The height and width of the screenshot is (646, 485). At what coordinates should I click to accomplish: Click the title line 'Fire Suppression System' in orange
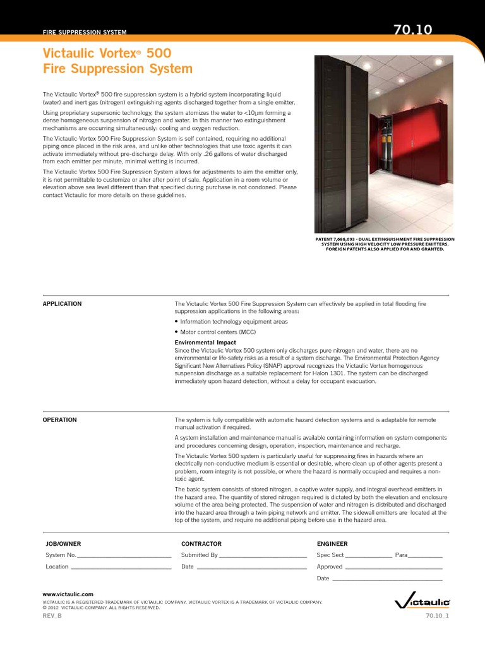coord(117,68)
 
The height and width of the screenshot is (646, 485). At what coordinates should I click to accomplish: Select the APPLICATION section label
coord(62,304)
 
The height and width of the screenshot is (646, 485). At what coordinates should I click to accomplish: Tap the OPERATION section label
coord(59,420)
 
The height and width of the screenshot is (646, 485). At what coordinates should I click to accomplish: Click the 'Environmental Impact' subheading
coord(205,342)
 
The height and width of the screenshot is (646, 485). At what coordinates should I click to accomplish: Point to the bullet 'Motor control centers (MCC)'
coord(218,332)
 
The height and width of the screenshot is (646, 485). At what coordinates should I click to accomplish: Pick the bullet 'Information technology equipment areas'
coord(234,322)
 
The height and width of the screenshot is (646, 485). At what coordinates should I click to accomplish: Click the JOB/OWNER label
coord(63,543)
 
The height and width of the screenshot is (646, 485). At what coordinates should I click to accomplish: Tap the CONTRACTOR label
coord(201,543)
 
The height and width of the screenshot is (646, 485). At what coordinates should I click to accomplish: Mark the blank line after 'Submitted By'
coord(262,556)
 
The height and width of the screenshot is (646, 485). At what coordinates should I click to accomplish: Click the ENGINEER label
coord(332,543)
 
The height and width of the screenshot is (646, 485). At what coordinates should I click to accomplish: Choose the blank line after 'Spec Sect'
coord(368,556)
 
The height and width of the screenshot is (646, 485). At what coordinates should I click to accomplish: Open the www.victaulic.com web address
coord(68,594)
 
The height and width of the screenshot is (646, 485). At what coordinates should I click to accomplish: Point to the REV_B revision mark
coord(52,616)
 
